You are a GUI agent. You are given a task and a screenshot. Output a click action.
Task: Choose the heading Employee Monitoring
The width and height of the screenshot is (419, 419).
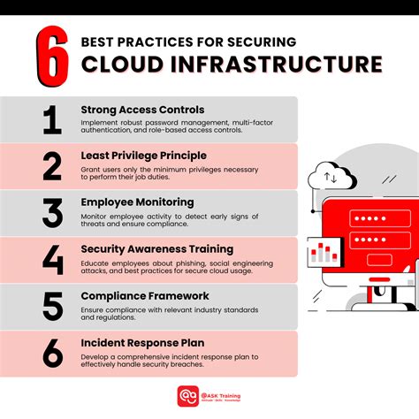point(137,202)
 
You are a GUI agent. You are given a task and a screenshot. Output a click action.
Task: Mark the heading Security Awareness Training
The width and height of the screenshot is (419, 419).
point(156,249)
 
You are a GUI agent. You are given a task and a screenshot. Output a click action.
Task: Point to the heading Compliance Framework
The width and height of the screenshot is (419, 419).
point(144,296)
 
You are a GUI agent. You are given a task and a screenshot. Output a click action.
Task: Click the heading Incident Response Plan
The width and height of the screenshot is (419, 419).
point(143,343)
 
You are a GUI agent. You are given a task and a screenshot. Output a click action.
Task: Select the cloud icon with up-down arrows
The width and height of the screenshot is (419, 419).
point(333,178)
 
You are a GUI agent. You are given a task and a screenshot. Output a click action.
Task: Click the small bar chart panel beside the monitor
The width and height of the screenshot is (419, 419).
point(323,254)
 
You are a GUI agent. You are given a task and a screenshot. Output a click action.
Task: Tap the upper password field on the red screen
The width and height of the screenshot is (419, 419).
point(370,217)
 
